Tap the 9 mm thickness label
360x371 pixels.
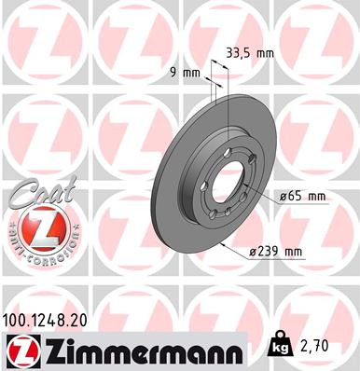(188, 72)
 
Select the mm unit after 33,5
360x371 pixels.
(265, 53)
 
